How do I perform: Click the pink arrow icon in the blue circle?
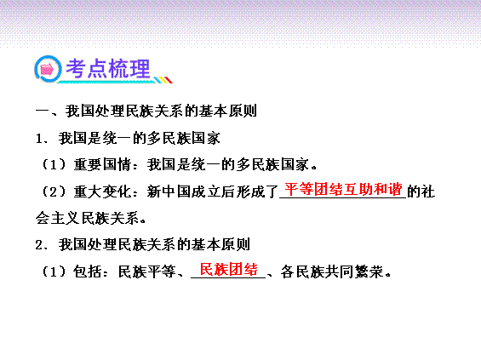coord(47,69)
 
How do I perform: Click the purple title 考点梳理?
coord(108,68)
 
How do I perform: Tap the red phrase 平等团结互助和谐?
coord(343,189)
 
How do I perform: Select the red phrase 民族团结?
coord(228,270)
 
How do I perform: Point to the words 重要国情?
coord(102,165)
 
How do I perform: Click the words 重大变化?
coord(102,192)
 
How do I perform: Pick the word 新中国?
coord(169,192)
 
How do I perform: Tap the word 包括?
coord(88,271)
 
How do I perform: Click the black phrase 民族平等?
coord(147,271)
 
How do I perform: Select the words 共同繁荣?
coord(354,271)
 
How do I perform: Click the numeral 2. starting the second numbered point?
coord(41,245)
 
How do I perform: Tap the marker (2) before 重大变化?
coord(54,192)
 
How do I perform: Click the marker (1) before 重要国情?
coord(54,165)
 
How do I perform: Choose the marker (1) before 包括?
coord(54,271)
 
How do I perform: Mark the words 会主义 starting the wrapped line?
coord(58,219)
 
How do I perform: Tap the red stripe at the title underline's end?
coord(169,80)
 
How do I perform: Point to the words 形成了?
coord(257,192)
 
